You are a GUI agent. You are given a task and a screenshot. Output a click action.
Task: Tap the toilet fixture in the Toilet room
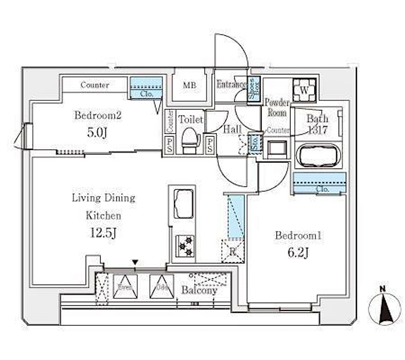(190, 140)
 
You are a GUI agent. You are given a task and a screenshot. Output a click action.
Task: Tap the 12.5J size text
(103, 234)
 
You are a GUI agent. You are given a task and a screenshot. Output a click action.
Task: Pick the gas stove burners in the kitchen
(184, 246)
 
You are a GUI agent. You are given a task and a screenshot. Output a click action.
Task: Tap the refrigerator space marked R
(233, 251)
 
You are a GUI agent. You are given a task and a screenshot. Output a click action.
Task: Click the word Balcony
(199, 291)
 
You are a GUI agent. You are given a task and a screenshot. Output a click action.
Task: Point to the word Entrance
(231, 85)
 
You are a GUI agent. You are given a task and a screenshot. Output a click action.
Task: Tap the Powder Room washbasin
(276, 149)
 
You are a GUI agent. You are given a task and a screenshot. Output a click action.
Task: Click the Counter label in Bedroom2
(95, 85)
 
